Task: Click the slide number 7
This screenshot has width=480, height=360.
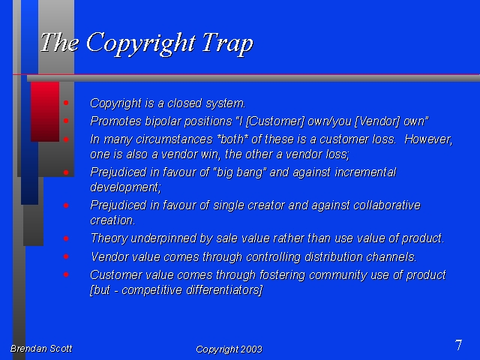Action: (458, 345)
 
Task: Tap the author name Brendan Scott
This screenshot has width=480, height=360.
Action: (41, 348)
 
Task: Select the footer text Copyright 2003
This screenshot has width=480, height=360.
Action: (229, 349)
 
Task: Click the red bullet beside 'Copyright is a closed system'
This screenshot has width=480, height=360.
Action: (66, 103)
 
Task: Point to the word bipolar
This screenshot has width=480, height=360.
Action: (163, 121)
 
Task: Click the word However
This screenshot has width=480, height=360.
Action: (428, 139)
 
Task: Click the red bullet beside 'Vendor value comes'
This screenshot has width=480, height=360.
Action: (66, 256)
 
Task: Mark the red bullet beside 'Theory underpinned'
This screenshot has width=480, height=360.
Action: (66, 238)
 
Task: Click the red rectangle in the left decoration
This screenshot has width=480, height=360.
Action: (45, 112)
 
